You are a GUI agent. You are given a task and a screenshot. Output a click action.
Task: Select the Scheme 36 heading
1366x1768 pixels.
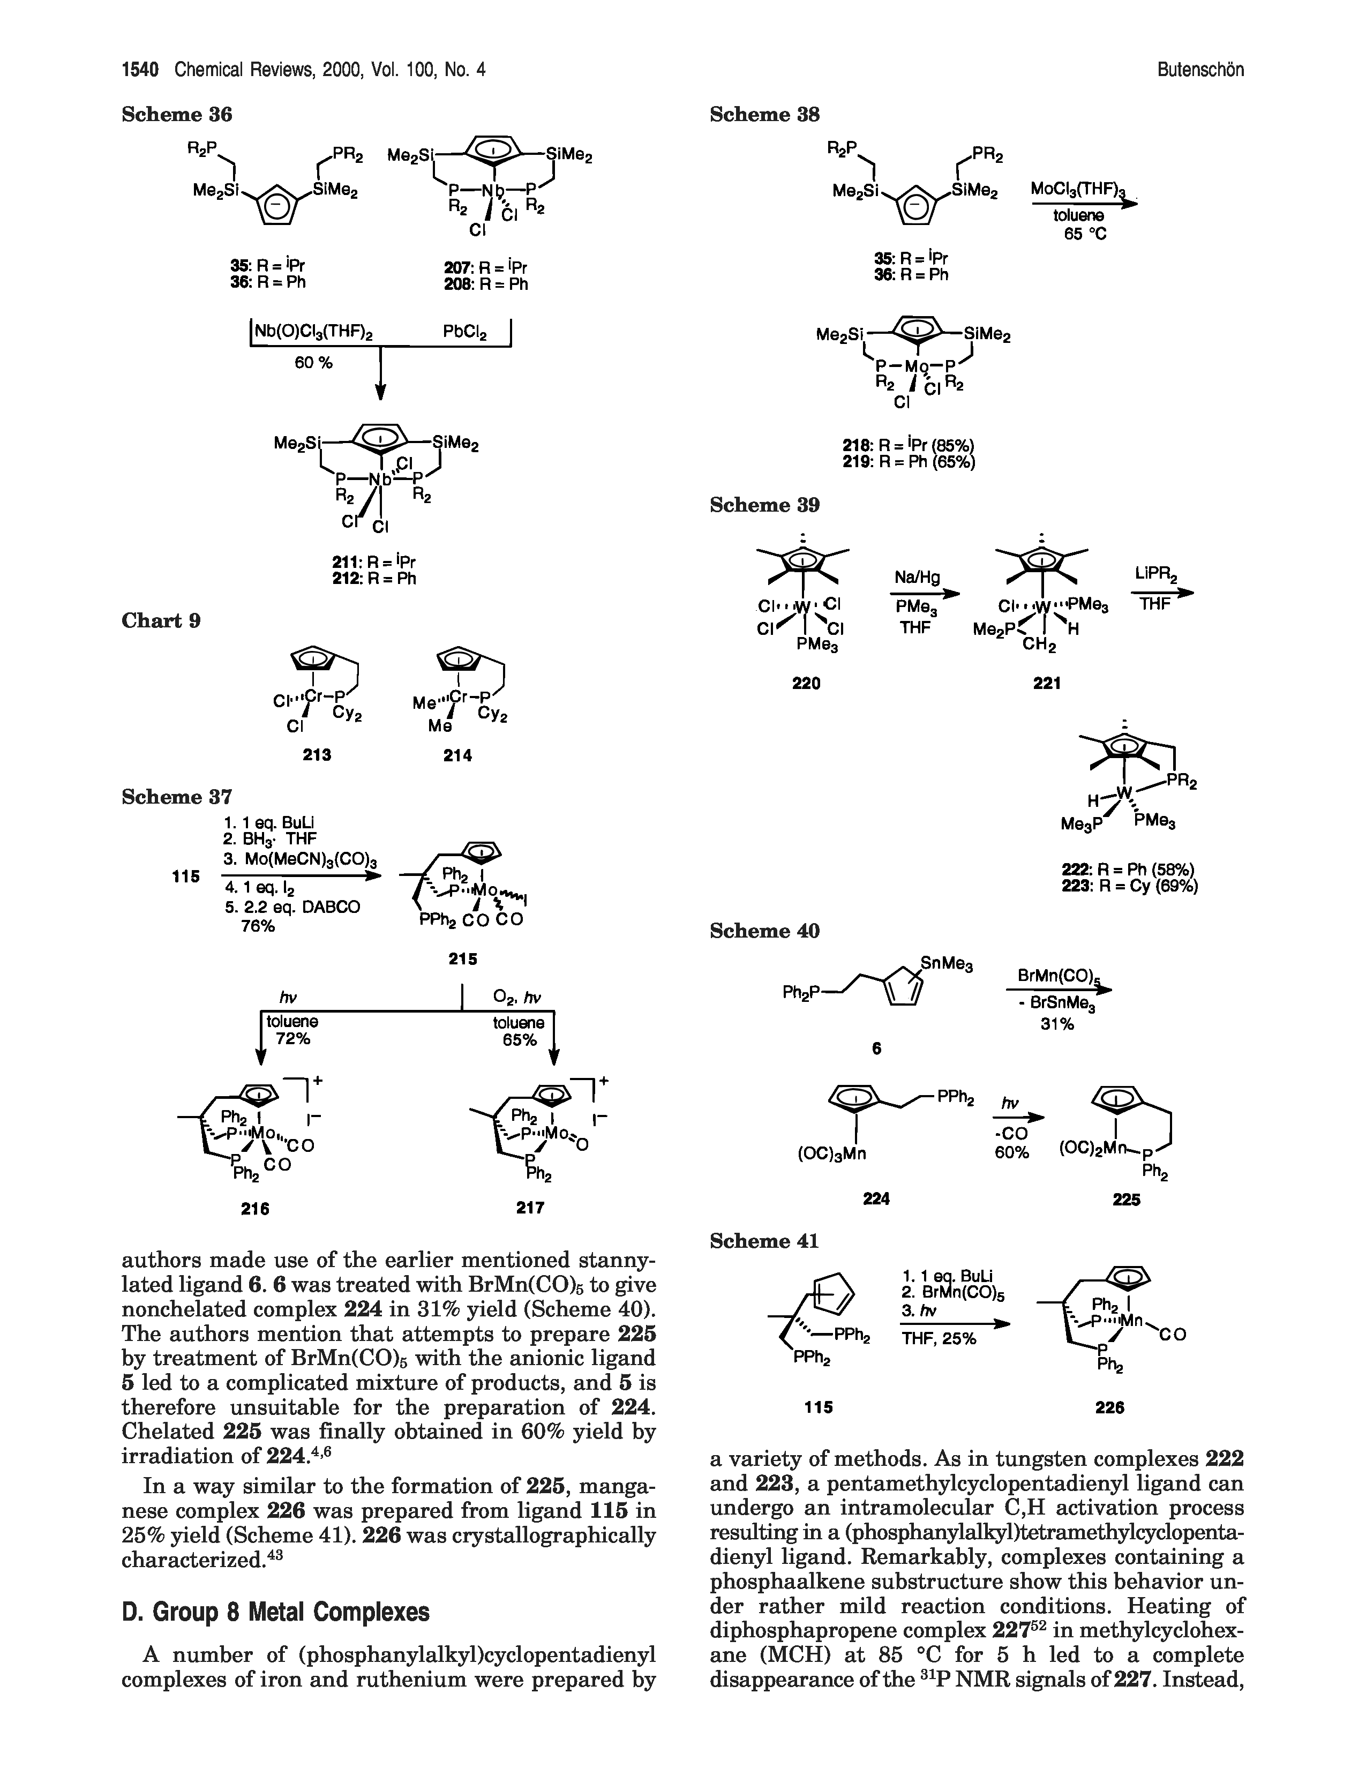(176, 115)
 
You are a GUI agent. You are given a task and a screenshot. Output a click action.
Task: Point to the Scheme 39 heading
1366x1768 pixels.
(765, 505)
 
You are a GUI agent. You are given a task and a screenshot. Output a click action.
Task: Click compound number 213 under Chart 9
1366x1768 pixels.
(317, 754)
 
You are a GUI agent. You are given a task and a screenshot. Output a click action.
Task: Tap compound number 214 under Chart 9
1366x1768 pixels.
(458, 754)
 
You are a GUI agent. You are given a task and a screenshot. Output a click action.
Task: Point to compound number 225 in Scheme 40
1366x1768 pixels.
(1127, 1200)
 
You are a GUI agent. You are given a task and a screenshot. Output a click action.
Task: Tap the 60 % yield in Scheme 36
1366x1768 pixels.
(314, 363)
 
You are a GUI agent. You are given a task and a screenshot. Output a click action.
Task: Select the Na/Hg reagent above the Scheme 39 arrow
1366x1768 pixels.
(917, 576)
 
